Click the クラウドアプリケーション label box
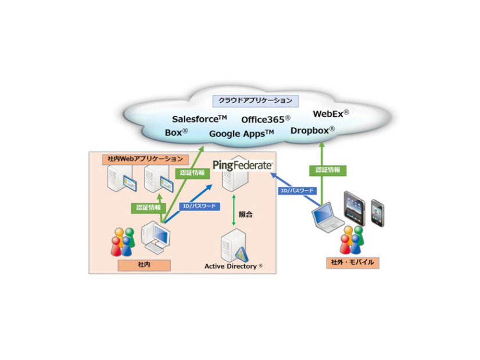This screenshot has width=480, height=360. point(256,100)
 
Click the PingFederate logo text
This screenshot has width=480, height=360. point(242,165)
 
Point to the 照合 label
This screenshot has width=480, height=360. point(246,214)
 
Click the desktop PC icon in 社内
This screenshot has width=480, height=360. point(156,236)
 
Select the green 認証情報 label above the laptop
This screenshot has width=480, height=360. point(328,170)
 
